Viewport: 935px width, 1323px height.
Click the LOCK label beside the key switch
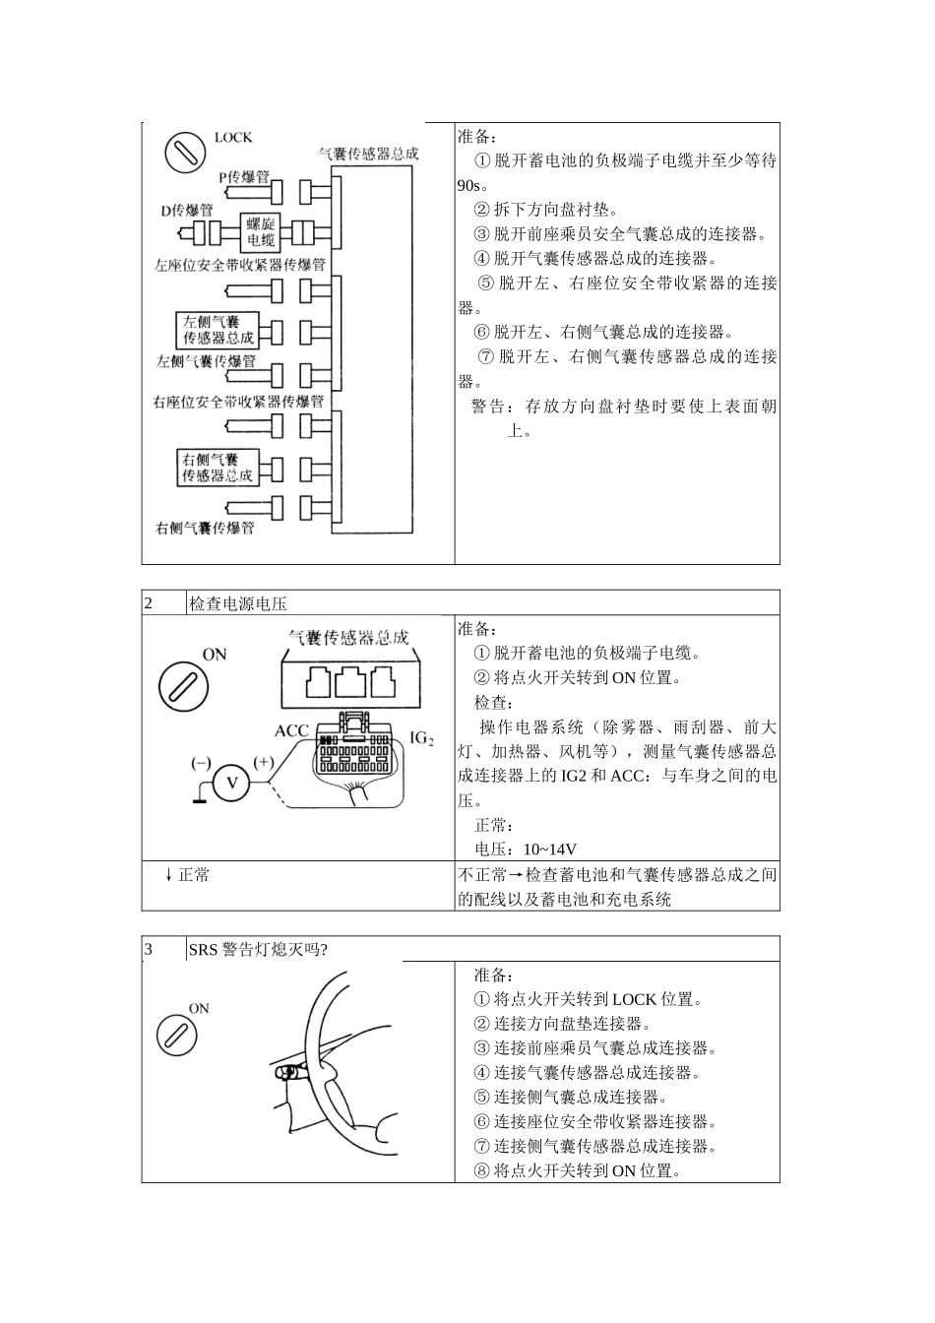click(x=233, y=138)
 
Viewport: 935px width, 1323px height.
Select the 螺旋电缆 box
click(x=261, y=232)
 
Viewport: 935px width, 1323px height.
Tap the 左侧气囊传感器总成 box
click(x=217, y=330)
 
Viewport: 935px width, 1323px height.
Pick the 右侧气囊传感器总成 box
click(x=217, y=468)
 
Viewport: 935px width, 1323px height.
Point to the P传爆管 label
click(x=243, y=177)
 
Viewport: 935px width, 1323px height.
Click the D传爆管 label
click(x=187, y=211)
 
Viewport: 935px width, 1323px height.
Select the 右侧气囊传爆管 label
click(x=205, y=529)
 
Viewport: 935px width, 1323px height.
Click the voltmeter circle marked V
click(x=233, y=783)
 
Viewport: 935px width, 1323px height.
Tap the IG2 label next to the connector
click(x=421, y=737)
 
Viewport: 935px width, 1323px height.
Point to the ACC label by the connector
click(x=292, y=730)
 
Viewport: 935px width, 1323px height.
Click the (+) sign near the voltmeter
click(x=264, y=762)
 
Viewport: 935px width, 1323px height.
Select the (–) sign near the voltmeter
click(x=201, y=762)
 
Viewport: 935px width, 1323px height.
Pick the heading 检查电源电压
click(x=237, y=603)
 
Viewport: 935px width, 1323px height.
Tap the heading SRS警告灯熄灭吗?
click(x=258, y=949)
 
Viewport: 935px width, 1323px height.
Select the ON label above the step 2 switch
click(x=214, y=654)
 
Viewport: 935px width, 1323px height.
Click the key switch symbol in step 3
click(x=176, y=1035)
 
